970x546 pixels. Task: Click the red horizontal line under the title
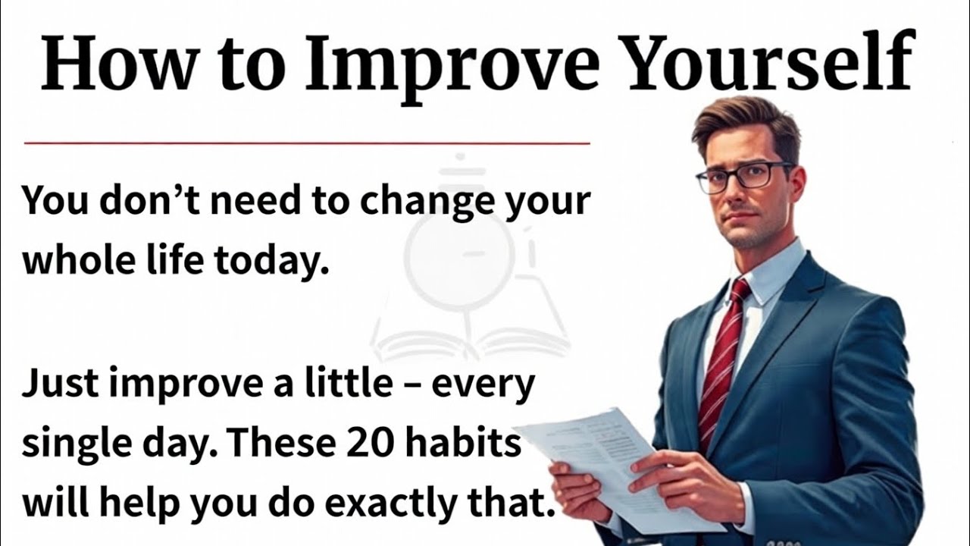[307, 142]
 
